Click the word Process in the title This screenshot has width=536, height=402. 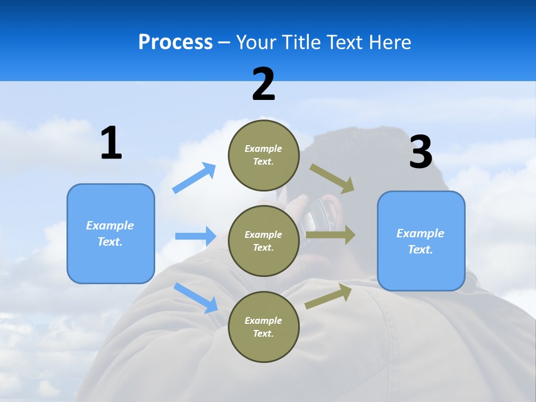click(175, 42)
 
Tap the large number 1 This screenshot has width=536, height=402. click(111, 143)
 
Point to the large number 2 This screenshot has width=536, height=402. click(264, 84)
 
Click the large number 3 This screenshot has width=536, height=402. click(420, 152)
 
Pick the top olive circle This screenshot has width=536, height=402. click(264, 155)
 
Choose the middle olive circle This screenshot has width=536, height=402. click(264, 241)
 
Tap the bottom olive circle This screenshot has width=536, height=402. click(264, 327)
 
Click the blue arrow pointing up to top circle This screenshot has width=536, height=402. click(194, 178)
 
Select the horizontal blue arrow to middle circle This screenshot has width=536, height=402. click(195, 236)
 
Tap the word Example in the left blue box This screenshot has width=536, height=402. click(110, 226)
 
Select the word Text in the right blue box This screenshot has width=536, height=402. click(420, 250)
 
